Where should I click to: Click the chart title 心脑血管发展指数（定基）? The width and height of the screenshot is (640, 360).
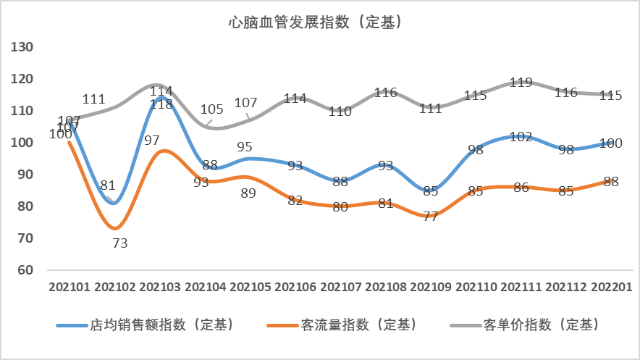315,22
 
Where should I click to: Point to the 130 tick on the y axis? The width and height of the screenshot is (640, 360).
24,47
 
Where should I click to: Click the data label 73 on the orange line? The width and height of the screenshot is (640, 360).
120,243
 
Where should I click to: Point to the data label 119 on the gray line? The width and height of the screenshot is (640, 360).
521,83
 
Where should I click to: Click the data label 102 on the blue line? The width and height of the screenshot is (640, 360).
521,137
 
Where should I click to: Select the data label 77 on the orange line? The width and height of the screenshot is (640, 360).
431,216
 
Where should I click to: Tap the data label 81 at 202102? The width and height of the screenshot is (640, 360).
109,185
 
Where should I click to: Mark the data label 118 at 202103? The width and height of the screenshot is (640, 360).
161,104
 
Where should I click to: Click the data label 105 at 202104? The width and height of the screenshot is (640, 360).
211,109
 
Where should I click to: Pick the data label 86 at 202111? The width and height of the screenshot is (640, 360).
521,188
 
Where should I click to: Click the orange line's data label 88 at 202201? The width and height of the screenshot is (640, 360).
612,182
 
